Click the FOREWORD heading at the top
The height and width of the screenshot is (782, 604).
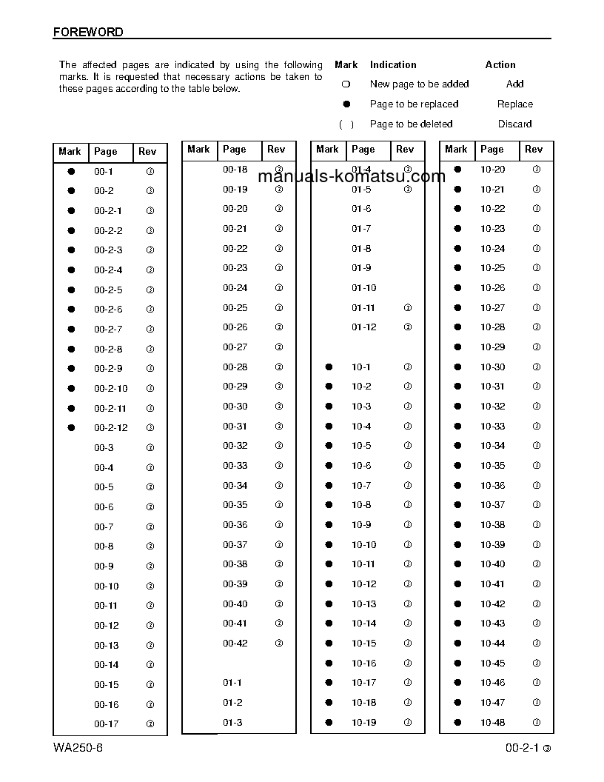(88, 33)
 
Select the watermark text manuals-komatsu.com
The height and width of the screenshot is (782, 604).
(352, 177)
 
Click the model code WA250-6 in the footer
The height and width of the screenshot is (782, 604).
(78, 747)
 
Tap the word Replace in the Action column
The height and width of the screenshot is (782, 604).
(515, 104)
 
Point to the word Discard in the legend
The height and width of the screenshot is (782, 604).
(514, 124)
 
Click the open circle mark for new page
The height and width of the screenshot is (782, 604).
(346, 84)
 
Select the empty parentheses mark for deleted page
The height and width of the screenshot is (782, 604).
(346, 124)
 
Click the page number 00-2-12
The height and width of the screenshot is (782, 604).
(110, 428)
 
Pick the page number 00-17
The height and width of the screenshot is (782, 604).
(106, 724)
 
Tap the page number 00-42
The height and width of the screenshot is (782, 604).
(235, 644)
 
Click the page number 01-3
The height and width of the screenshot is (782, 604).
(232, 723)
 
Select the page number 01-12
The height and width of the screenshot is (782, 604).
(363, 327)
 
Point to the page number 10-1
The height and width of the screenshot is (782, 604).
(361, 367)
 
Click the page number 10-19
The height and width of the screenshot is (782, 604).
(363, 723)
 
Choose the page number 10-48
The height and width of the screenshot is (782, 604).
(492, 723)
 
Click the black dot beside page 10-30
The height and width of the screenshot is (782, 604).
(457, 367)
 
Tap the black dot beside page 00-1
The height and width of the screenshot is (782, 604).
(72, 171)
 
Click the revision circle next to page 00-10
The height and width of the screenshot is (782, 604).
(150, 586)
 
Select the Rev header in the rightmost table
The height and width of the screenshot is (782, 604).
(533, 150)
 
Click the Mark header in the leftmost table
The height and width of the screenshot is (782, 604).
(70, 152)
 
